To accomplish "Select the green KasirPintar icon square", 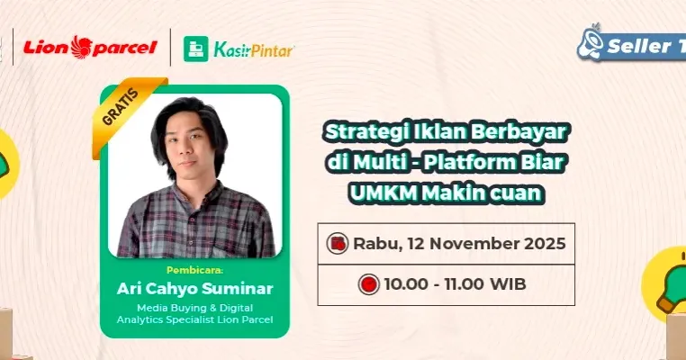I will pyautogui.click(x=196, y=49).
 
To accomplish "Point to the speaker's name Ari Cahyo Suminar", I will pyautogui.click(x=194, y=289).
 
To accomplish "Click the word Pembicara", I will pyautogui.click(x=194, y=269).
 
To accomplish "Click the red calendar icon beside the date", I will pyautogui.click(x=338, y=243).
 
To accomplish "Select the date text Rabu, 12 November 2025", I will pyautogui.click(x=459, y=243).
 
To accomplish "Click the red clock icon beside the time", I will pyautogui.click(x=367, y=284).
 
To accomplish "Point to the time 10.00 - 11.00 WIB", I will pyautogui.click(x=455, y=284).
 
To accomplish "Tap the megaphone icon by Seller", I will pyautogui.click(x=591, y=43).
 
